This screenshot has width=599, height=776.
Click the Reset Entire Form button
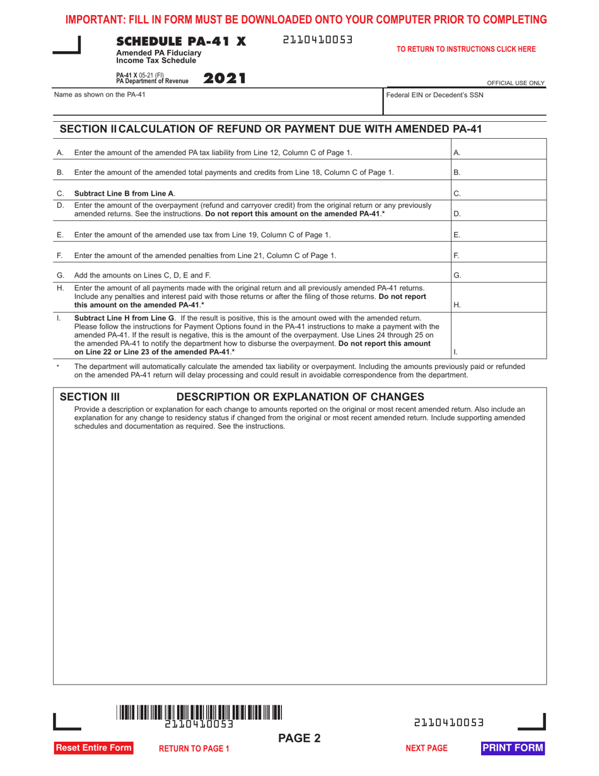point(94,748)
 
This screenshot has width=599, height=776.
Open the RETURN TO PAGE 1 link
point(194,749)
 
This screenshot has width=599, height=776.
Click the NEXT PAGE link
point(426,748)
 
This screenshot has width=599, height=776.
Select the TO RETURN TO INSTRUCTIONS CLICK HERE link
point(466,49)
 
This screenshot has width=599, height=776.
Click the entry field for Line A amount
point(498,153)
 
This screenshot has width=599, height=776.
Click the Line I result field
point(498,334)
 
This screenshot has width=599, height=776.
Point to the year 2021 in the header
point(225,79)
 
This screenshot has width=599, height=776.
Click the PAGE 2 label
point(299,738)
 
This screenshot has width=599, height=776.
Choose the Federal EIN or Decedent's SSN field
point(465,106)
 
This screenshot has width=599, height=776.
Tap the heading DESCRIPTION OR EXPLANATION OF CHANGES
point(300,396)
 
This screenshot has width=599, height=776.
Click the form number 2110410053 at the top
point(317,40)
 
